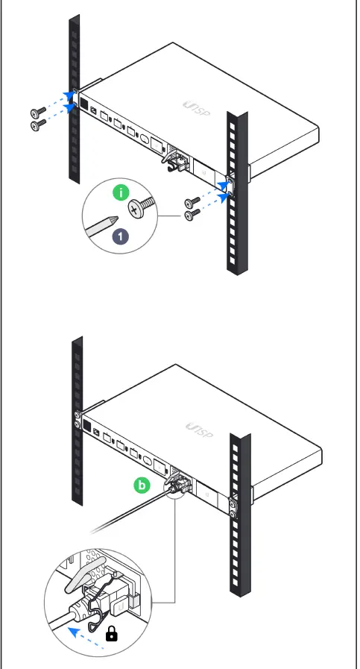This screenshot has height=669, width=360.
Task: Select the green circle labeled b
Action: click(142, 486)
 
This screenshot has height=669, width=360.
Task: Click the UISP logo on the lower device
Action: click(198, 430)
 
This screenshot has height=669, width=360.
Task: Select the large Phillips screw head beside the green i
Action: click(139, 208)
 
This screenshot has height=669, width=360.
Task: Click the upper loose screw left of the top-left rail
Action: click(37, 112)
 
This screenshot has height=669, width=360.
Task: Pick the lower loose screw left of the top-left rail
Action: click(37, 126)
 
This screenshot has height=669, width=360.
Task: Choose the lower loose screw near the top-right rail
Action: click(193, 216)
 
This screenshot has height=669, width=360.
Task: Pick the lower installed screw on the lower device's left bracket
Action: click(78, 425)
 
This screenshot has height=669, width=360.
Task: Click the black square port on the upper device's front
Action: click(85, 104)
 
